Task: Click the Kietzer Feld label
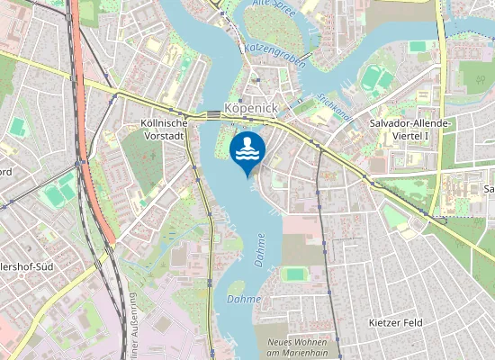click(x=395, y=321)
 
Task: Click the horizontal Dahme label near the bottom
click(x=243, y=299)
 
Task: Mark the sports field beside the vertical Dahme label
click(x=294, y=274)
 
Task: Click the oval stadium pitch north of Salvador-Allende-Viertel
click(x=378, y=80)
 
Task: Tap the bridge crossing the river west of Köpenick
click(x=211, y=114)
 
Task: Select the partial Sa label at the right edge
click(x=489, y=189)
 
